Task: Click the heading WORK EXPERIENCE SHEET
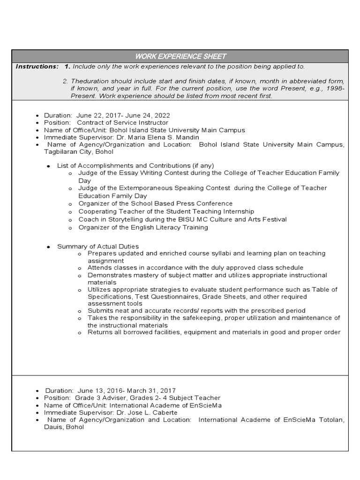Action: [x=180, y=56]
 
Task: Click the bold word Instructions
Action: [x=37, y=67]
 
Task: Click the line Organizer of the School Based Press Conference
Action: [x=155, y=203]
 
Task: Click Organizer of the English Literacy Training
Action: [x=143, y=227]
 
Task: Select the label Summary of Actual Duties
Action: [x=97, y=246]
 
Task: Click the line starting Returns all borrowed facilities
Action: [x=214, y=332]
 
